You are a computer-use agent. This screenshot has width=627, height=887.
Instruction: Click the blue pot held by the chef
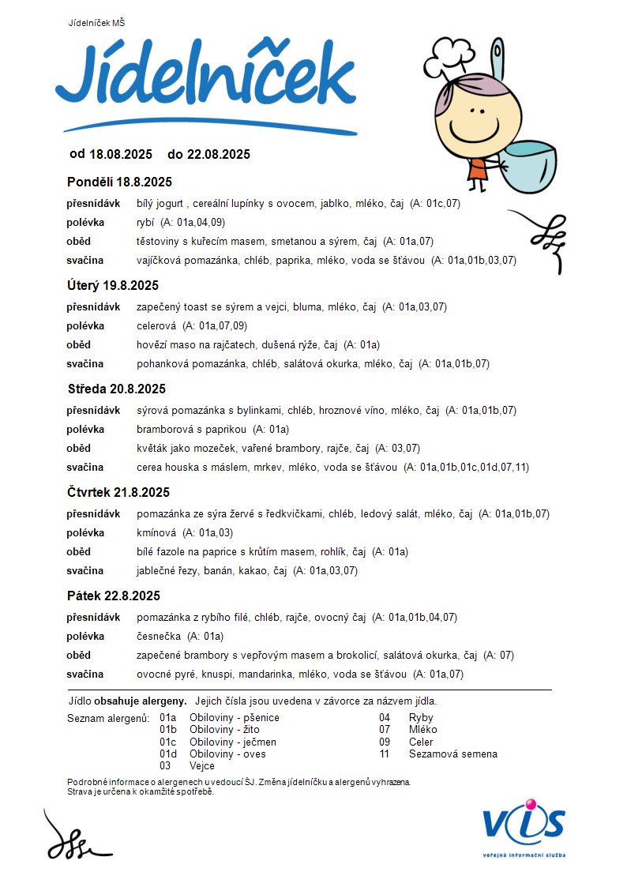pyautogui.click(x=530, y=166)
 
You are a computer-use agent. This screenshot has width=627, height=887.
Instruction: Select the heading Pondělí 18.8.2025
pyautogui.click(x=119, y=182)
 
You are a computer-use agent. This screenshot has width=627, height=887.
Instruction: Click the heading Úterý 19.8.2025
pyautogui.click(x=112, y=285)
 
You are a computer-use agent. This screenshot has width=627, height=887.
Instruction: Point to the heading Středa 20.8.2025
pyautogui.click(x=116, y=389)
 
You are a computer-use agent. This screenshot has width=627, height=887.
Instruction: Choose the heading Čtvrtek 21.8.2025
pyautogui.click(x=118, y=492)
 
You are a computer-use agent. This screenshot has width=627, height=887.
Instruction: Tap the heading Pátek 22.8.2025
pyautogui.click(x=114, y=596)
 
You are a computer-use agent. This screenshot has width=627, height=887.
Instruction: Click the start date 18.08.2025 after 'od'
pyautogui.click(x=121, y=154)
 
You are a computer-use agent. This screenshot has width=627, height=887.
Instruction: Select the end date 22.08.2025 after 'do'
pyautogui.click(x=218, y=154)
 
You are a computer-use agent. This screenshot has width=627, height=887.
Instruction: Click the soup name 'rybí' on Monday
pyautogui.click(x=145, y=223)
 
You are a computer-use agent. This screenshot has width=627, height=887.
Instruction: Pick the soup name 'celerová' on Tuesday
pyautogui.click(x=156, y=326)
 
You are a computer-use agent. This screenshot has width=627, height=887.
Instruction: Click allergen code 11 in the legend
pyautogui.click(x=385, y=754)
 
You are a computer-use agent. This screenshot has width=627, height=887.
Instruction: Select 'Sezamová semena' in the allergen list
pyautogui.click(x=453, y=754)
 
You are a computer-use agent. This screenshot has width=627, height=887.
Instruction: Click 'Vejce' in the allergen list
pyautogui.click(x=202, y=766)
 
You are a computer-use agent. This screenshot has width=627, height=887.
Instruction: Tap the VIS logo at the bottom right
pyautogui.click(x=524, y=825)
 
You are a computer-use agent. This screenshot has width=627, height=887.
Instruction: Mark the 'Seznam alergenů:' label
pyautogui.click(x=108, y=718)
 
